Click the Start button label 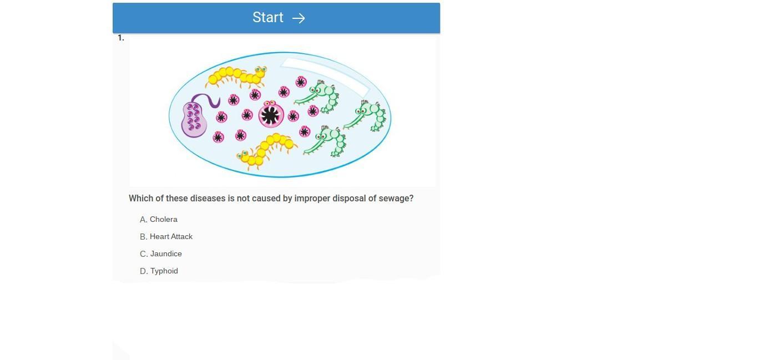click(267, 17)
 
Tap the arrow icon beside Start click(299, 18)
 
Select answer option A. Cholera click(158, 219)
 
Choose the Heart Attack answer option click(166, 236)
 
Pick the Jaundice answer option click(161, 253)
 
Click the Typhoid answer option click(159, 271)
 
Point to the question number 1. click(121, 38)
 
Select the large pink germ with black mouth click(271, 114)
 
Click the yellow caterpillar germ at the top click(236, 77)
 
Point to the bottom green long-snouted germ click(326, 141)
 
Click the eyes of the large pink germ click(269, 103)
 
